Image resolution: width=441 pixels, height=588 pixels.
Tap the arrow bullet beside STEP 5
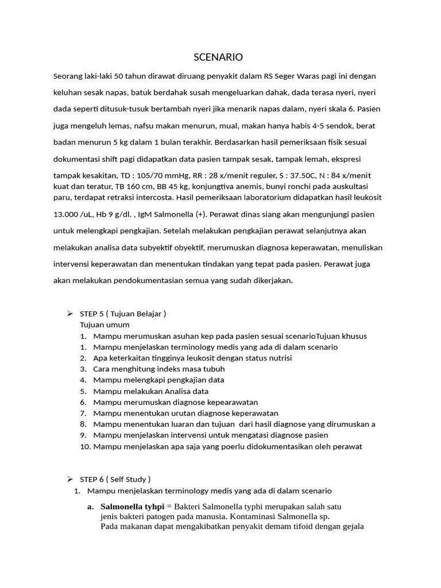[70, 314]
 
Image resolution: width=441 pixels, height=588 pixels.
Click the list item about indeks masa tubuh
[159, 369]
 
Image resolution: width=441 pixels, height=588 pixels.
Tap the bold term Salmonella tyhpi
[132, 506]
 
